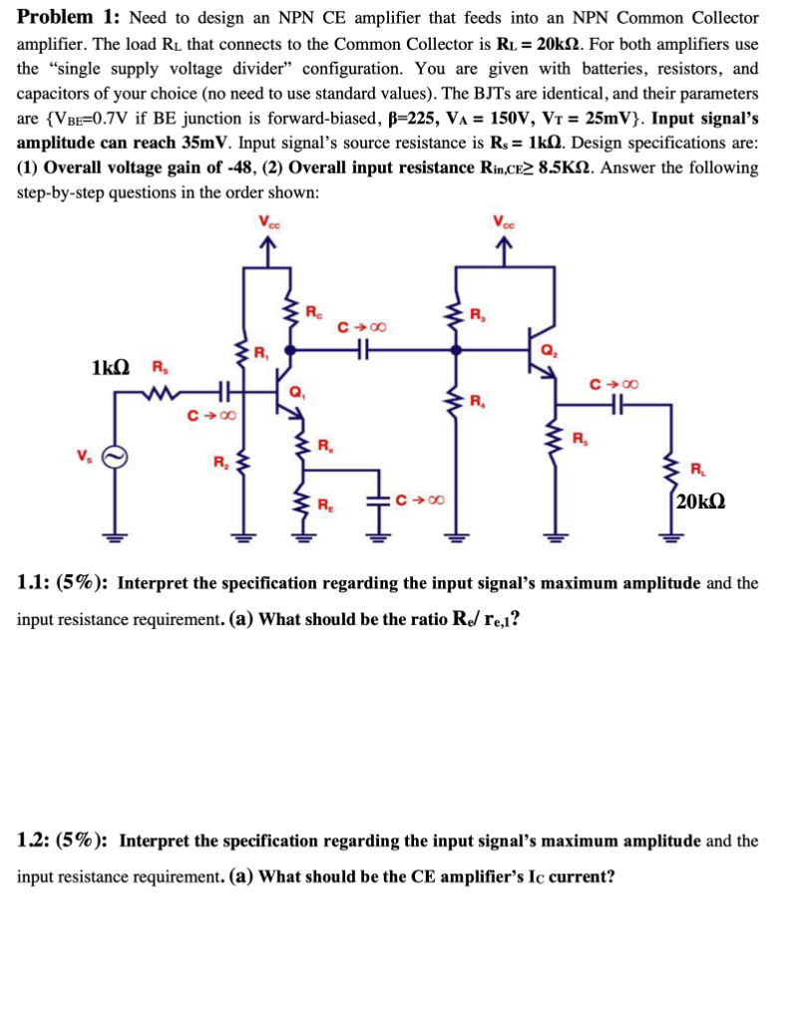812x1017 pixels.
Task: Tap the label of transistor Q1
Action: click(x=296, y=392)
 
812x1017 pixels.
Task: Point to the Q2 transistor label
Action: click(x=547, y=349)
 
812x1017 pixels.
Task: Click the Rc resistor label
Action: click(x=312, y=310)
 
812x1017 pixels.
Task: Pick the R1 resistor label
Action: click(x=261, y=351)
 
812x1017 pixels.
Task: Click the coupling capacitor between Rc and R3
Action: click(x=362, y=350)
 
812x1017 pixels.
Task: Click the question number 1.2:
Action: click(x=35, y=840)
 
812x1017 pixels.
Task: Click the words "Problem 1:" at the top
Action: click(x=68, y=18)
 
